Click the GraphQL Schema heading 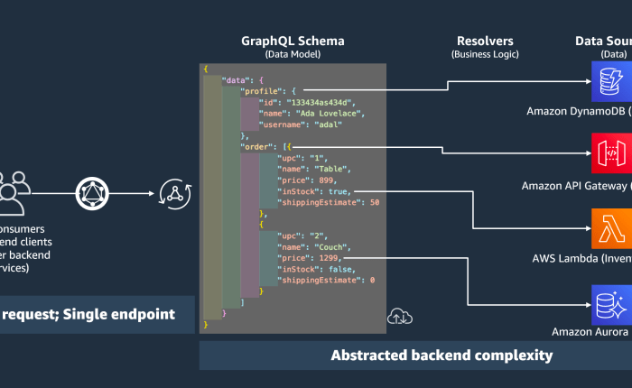[x=292, y=42]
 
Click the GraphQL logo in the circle [x=90, y=191]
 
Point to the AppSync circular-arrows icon [x=172, y=191]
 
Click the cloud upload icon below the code [x=397, y=316]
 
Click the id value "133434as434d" [x=311, y=102]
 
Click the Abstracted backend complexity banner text [x=441, y=355]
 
